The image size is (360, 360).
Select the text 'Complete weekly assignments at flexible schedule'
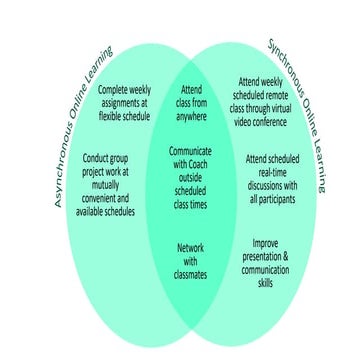pos(124,103)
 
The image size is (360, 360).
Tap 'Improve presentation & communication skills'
pos(265,261)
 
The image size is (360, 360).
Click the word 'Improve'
pos(265,242)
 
